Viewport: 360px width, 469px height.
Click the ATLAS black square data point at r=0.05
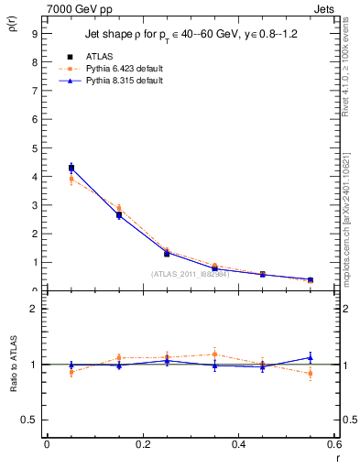point(71,168)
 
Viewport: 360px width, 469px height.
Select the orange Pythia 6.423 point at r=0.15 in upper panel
point(119,209)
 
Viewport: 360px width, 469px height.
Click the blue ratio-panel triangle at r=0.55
point(311,358)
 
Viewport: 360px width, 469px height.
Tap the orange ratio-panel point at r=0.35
point(214,354)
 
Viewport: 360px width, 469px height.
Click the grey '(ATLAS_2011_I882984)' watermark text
point(190,273)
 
